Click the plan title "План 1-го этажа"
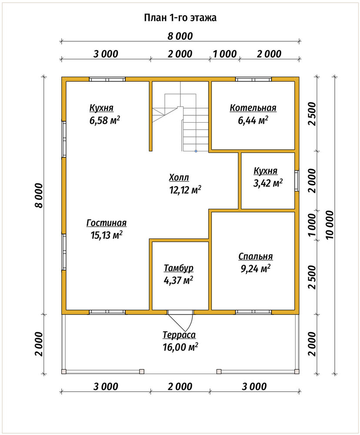point(180,18)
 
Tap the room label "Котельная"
point(253,107)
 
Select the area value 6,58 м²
point(104,120)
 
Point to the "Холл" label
point(179,177)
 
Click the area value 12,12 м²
point(185,190)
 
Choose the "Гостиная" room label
point(107,223)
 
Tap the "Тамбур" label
point(179,268)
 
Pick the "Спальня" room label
point(256,257)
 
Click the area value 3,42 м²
point(268,183)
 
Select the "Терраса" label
point(179,335)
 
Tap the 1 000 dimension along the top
point(225,54)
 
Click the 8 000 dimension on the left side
point(39,195)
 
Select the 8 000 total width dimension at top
point(180,36)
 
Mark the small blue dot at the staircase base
point(196,151)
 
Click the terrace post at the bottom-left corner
point(64,371)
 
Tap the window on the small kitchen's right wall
point(297,181)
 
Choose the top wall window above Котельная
point(253,79)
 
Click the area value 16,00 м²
point(180,347)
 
